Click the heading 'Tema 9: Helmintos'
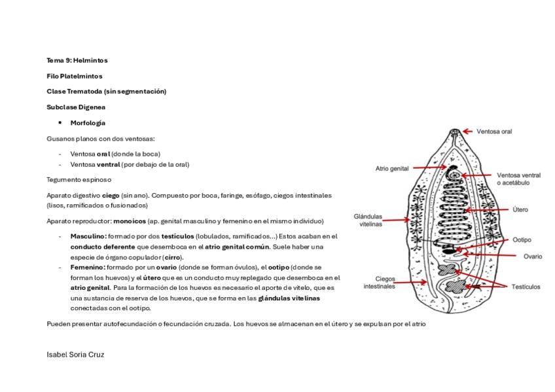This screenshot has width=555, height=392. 77,60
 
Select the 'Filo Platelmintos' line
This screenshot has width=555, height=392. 75,77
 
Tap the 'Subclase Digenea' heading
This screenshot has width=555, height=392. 76,107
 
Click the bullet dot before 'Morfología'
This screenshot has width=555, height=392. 60,123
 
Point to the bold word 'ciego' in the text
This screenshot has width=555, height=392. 111,196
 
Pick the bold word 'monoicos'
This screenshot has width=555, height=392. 130,221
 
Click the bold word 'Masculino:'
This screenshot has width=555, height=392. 88,236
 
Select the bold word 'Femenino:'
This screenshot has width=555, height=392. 88,268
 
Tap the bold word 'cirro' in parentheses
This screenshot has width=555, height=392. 173,258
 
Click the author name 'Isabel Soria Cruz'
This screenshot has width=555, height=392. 75,355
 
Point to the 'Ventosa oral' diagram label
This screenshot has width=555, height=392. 494,132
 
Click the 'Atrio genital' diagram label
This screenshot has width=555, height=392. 392,169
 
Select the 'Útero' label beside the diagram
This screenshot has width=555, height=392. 520,210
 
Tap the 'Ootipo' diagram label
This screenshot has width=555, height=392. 522,240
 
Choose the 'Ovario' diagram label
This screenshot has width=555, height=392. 533,257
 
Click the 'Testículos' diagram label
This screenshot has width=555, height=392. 526,287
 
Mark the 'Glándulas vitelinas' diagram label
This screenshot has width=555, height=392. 368,220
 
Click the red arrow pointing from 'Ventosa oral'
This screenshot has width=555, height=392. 467,132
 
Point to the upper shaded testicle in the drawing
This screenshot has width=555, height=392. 447,270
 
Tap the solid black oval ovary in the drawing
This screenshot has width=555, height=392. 449,251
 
